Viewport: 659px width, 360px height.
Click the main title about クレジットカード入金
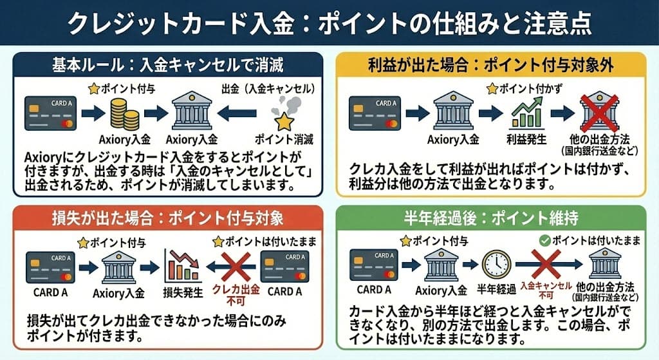pos(329,24)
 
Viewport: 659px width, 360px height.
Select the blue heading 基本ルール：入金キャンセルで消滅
pos(167,66)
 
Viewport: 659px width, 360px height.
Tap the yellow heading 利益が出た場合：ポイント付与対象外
pos(492,66)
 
